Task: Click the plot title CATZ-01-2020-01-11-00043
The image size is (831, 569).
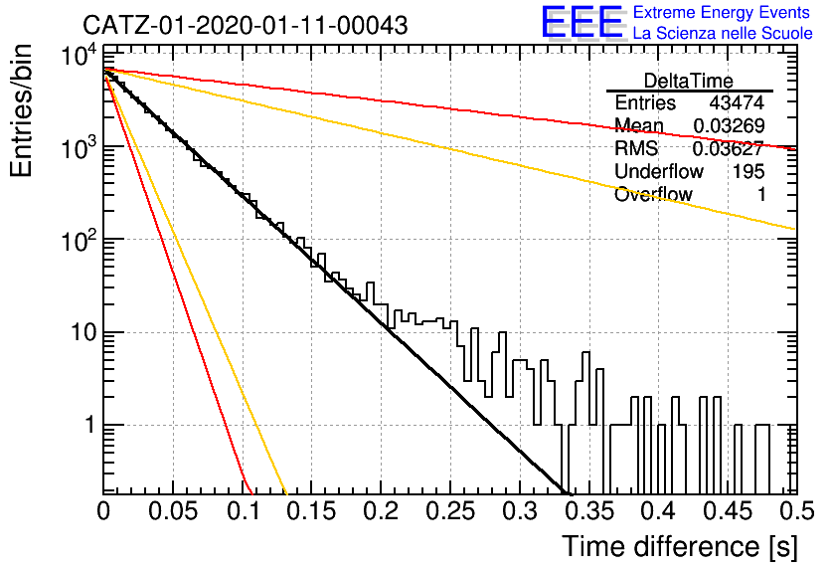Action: click(246, 25)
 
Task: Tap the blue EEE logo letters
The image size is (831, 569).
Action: click(582, 21)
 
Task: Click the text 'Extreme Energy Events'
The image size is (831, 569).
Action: click(722, 12)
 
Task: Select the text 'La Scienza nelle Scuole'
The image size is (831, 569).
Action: click(723, 33)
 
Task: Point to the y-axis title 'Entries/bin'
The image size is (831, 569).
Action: click(21, 110)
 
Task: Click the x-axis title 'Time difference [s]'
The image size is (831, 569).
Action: click(679, 547)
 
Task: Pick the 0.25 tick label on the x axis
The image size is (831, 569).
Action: click(450, 511)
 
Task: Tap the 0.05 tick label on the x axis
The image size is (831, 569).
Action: click(173, 511)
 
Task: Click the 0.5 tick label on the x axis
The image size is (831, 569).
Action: click(796, 511)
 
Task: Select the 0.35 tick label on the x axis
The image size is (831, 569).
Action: click(589, 511)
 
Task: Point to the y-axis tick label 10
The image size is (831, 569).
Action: click(84, 333)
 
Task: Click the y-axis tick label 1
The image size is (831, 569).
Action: click(91, 426)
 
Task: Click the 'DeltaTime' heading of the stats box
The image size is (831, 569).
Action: click(689, 82)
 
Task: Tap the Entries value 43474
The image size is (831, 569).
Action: click(737, 102)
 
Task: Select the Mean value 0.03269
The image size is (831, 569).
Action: click(730, 126)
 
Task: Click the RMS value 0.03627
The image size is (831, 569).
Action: click(729, 149)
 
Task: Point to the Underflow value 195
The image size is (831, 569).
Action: click(748, 172)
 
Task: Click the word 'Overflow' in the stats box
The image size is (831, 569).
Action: click(653, 195)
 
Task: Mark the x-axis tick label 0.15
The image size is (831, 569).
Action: click(312, 511)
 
